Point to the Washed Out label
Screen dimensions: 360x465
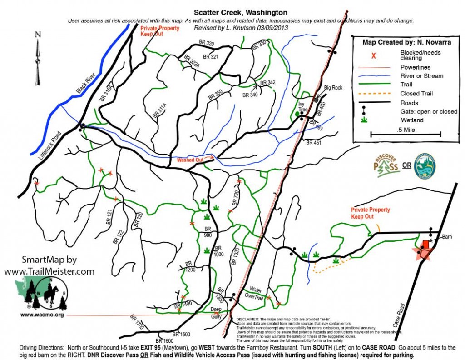tap(189, 160)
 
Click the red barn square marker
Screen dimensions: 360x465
tap(426, 245)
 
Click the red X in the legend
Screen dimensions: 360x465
tap(374, 56)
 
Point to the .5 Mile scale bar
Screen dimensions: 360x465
tap(406, 134)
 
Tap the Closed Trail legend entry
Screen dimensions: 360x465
tap(416, 94)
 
